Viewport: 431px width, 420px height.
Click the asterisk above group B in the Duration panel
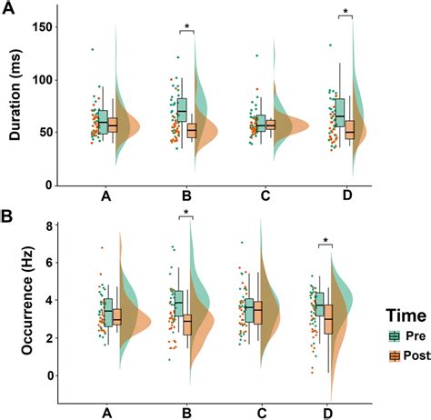point(186,26)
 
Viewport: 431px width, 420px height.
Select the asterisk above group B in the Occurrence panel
point(186,215)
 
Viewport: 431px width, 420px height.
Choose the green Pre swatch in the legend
point(383,335)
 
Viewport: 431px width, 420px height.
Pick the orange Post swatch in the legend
point(383,355)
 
